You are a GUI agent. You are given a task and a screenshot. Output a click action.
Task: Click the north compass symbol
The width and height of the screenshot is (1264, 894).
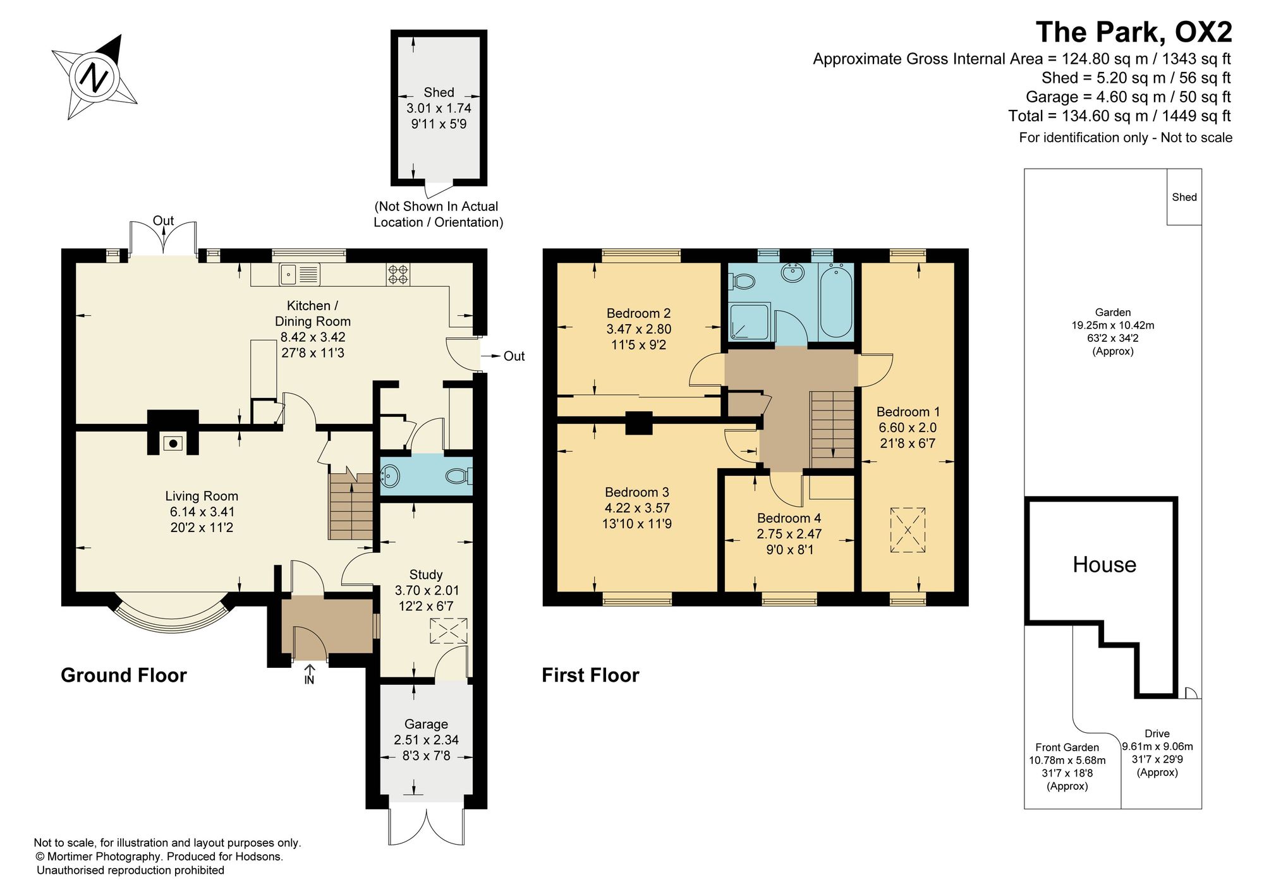click(x=95, y=78)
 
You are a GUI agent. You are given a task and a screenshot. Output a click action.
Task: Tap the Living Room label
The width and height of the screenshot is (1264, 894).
click(x=202, y=497)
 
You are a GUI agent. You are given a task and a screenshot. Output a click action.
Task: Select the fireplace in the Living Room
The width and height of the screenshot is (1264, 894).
click(x=173, y=444)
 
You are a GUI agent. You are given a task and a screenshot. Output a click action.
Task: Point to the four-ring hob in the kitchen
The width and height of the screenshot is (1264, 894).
click(x=398, y=274)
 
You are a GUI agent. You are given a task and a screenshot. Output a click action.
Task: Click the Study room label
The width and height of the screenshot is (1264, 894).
click(x=425, y=575)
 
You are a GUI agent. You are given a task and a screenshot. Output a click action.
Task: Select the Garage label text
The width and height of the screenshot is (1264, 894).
click(x=427, y=724)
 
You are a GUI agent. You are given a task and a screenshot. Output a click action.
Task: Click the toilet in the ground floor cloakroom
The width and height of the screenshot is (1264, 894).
click(x=459, y=476)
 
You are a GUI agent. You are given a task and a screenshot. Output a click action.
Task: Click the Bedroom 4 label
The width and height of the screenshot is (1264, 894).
click(x=789, y=518)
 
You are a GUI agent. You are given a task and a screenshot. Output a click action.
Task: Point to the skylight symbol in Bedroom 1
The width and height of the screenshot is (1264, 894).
click(x=908, y=530)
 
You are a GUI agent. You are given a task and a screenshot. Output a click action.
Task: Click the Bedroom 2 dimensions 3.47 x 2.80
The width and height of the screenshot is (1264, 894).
click(x=639, y=329)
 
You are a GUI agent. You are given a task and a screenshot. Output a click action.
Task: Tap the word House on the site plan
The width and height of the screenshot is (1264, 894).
click(x=1104, y=564)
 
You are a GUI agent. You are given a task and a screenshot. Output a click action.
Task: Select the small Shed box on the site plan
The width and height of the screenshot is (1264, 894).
click(x=1184, y=196)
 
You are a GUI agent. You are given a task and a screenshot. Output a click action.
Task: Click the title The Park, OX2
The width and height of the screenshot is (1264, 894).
click(x=1134, y=32)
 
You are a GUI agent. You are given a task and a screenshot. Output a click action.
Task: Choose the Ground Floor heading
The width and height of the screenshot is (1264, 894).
click(x=124, y=675)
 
